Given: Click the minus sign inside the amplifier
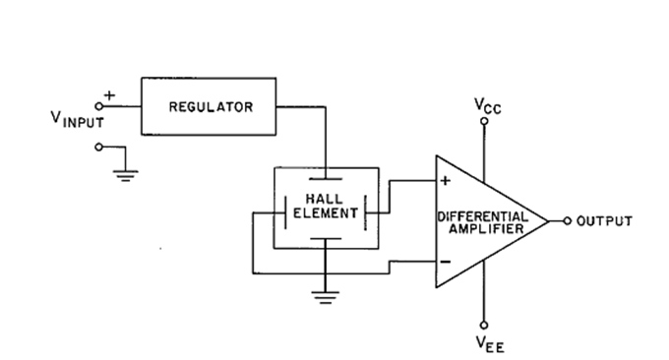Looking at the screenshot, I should (445, 262).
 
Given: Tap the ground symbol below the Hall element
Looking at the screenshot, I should (324, 294).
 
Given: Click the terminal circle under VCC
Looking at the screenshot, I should (483, 122).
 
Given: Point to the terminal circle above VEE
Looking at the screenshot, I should (483, 325).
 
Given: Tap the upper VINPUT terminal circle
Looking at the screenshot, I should (100, 106).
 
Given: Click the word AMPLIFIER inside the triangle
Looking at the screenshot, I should (483, 228).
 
